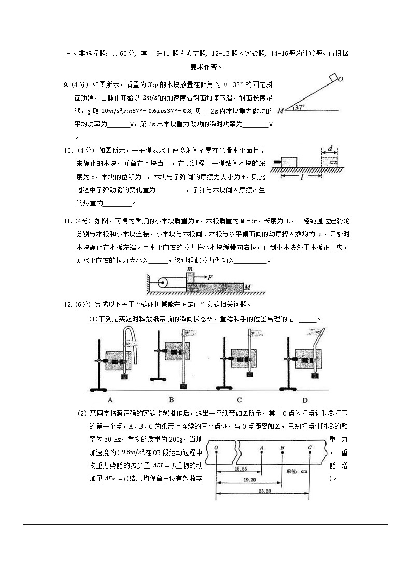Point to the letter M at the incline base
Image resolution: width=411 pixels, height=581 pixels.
click(280, 110)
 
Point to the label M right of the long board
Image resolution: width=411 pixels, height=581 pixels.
click(248, 287)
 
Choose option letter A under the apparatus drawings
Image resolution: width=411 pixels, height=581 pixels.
click(110, 400)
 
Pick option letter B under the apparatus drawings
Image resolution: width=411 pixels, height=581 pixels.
click(172, 400)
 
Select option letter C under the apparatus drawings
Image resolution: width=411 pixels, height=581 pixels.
click(239, 400)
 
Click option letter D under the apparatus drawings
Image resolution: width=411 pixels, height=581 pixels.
click(305, 400)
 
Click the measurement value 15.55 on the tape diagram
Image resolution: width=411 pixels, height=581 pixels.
click(240, 468)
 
